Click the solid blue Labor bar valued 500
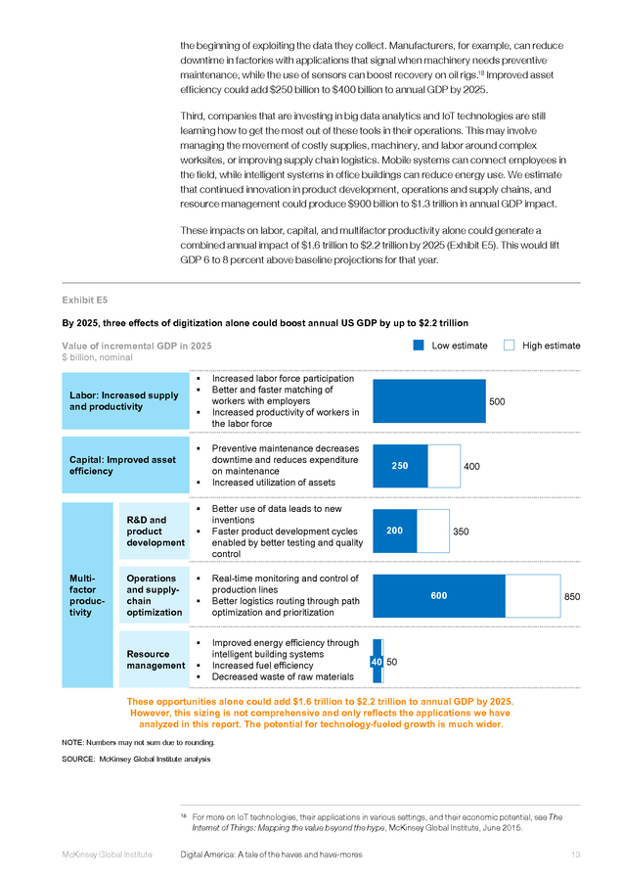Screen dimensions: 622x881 click(x=429, y=401)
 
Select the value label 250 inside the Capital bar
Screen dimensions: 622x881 click(x=400, y=466)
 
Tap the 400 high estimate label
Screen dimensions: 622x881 click(x=471, y=466)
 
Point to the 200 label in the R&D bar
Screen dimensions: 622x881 click(x=395, y=531)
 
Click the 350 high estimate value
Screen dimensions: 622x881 click(x=461, y=532)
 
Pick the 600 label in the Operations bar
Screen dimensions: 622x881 click(x=439, y=595)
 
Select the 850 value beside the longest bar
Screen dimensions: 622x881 click(x=572, y=597)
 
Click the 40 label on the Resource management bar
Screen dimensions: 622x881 click(x=377, y=662)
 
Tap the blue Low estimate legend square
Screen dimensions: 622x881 click(x=419, y=345)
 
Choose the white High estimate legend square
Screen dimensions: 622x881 click(x=510, y=345)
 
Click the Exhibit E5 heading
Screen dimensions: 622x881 click(x=85, y=301)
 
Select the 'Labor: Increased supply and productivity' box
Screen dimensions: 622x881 click(x=125, y=401)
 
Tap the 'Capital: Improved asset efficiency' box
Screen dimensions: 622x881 click(x=125, y=465)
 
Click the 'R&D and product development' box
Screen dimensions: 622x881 click(x=155, y=531)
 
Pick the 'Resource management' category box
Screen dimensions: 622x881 click(x=155, y=660)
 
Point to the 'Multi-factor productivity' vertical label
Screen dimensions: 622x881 click(x=87, y=595)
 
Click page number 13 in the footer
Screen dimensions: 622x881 click(x=576, y=855)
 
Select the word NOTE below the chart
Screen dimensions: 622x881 click(x=72, y=743)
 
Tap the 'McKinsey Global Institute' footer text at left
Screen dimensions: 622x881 click(x=108, y=855)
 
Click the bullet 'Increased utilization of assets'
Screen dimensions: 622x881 click(x=274, y=482)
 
